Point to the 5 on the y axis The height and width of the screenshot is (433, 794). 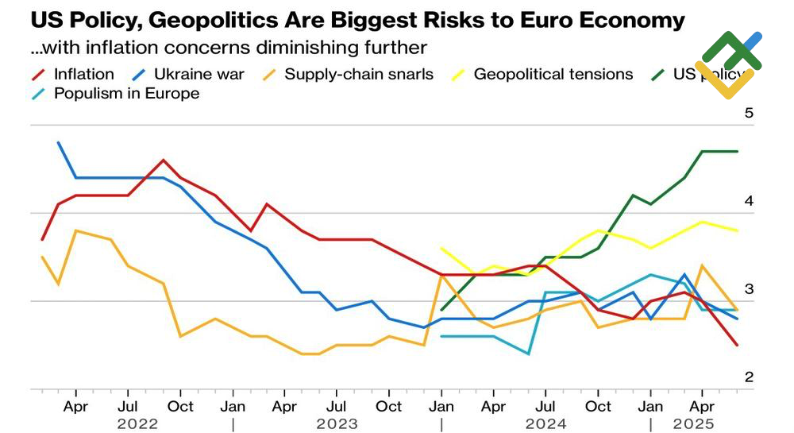tap(748, 114)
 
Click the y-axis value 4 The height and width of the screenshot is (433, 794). tap(748, 202)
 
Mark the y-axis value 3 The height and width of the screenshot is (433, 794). tap(748, 290)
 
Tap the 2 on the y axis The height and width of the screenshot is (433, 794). tap(748, 377)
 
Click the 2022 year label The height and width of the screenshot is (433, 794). tap(137, 423)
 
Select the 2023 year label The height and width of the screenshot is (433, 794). tap(337, 423)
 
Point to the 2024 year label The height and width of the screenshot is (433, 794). tap(545, 423)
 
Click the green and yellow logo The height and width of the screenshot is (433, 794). tap(728, 64)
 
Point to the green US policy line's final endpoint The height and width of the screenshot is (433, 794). tap(737, 151)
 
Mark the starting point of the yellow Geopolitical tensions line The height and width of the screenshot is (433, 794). tap(441, 248)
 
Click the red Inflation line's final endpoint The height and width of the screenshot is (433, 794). tap(737, 345)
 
